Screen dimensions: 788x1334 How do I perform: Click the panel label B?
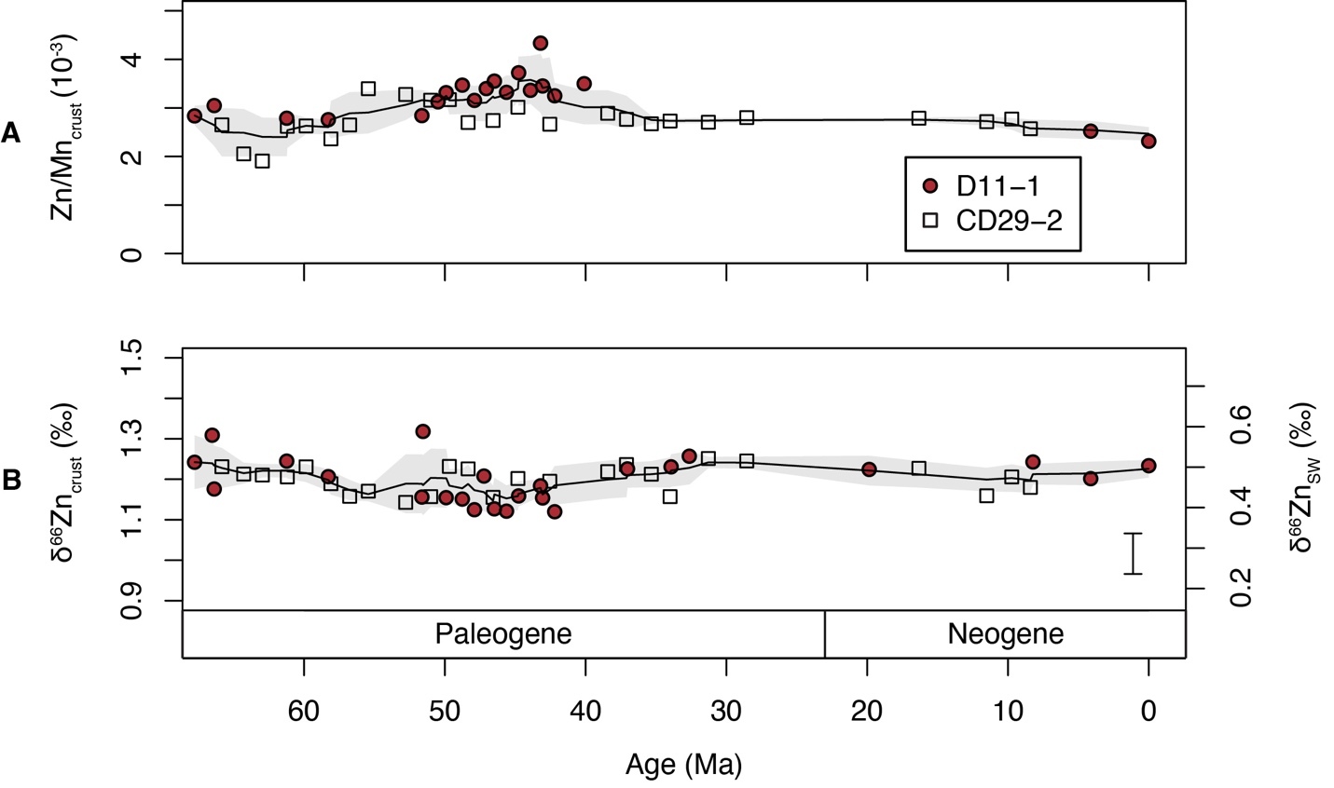(11, 480)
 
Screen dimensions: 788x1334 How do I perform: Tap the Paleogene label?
(503, 634)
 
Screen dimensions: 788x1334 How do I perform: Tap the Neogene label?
(1005, 634)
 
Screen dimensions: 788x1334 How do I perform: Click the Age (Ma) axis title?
(683, 765)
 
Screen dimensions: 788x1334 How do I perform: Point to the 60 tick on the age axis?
(305, 710)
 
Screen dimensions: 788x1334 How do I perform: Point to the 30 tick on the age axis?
(726, 710)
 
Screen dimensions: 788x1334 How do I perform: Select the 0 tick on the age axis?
(1148, 710)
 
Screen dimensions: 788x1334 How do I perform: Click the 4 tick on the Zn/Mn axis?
(133, 60)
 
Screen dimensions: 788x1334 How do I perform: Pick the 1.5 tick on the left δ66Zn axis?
(133, 359)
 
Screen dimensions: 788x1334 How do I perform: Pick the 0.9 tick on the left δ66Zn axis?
(133, 600)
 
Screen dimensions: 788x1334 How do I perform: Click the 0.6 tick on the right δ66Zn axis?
(1239, 427)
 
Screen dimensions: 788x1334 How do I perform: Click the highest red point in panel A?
(540, 43)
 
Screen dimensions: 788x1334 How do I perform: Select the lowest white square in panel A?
(262, 161)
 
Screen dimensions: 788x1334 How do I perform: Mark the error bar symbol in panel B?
(1133, 553)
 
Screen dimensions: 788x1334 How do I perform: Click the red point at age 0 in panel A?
(1148, 141)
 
